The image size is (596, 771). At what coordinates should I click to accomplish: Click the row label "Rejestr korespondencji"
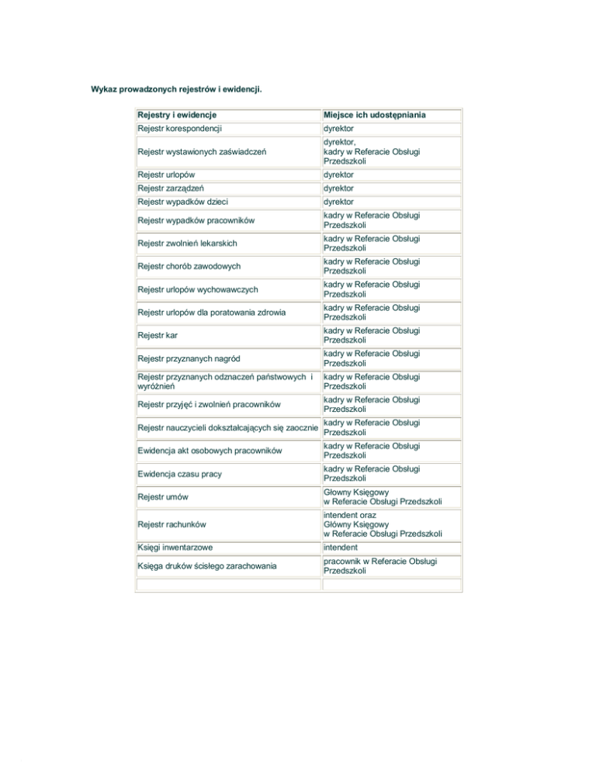181,129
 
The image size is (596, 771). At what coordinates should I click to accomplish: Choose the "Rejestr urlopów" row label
166,175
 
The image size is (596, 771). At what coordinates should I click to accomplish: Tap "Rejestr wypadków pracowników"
194,220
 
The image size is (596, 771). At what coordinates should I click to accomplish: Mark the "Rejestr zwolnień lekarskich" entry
187,244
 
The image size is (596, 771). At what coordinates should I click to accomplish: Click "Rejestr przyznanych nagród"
186,358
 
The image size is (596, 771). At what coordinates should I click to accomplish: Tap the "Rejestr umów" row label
161,496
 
